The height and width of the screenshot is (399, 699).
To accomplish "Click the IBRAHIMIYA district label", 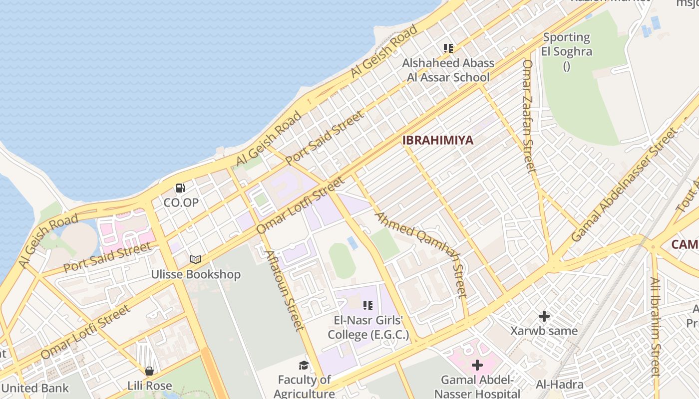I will coord(437,140).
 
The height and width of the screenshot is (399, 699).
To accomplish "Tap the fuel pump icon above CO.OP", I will coord(181,188).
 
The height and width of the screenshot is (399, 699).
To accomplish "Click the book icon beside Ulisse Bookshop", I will coord(196,260).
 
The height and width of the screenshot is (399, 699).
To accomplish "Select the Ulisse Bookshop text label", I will coord(196,274).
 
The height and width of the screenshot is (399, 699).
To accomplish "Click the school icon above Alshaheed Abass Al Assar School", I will coord(448,48).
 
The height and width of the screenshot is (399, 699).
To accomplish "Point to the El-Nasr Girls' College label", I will coord(368,327).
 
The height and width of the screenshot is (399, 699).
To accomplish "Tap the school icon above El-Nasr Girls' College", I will coord(368,306).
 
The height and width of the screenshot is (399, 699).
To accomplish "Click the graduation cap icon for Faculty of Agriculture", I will coord(304,366).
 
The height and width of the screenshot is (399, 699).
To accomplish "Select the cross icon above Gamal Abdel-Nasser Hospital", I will coord(477,365).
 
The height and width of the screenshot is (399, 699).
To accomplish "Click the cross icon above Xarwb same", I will coord(544,316).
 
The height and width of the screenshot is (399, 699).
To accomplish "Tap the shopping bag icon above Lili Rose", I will coord(149,371).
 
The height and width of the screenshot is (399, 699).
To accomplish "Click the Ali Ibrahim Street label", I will coord(655,327).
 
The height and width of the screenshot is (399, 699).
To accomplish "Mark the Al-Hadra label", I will coord(560,385).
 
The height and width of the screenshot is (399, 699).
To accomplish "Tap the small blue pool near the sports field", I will coord(352,243).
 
